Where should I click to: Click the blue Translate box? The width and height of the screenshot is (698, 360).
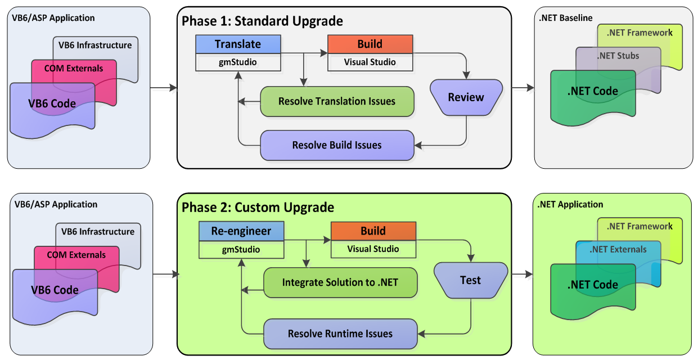pos(238,44)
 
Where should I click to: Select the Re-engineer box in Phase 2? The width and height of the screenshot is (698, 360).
pos(241,231)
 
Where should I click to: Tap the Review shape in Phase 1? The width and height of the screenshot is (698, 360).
pos(466,97)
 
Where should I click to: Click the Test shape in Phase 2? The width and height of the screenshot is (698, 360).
pos(470,280)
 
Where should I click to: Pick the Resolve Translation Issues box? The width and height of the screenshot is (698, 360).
pos(337,101)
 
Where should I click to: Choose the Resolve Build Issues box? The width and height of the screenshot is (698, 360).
pos(337,145)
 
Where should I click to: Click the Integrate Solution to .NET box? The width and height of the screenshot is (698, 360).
pos(340,282)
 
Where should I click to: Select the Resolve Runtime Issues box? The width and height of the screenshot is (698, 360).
pos(340,334)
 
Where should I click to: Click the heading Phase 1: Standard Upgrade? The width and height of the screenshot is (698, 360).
pos(262,21)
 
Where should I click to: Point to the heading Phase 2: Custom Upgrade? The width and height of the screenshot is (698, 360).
pos(258,207)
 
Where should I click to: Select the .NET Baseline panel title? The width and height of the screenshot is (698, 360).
pos(565,19)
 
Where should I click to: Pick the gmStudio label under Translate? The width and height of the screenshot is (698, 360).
pos(238,62)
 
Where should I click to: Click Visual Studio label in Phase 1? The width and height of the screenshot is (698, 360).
pos(370,62)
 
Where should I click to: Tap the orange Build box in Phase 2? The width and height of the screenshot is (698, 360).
pos(373,231)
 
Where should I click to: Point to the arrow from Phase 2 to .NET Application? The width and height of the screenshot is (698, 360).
pos(522,274)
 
